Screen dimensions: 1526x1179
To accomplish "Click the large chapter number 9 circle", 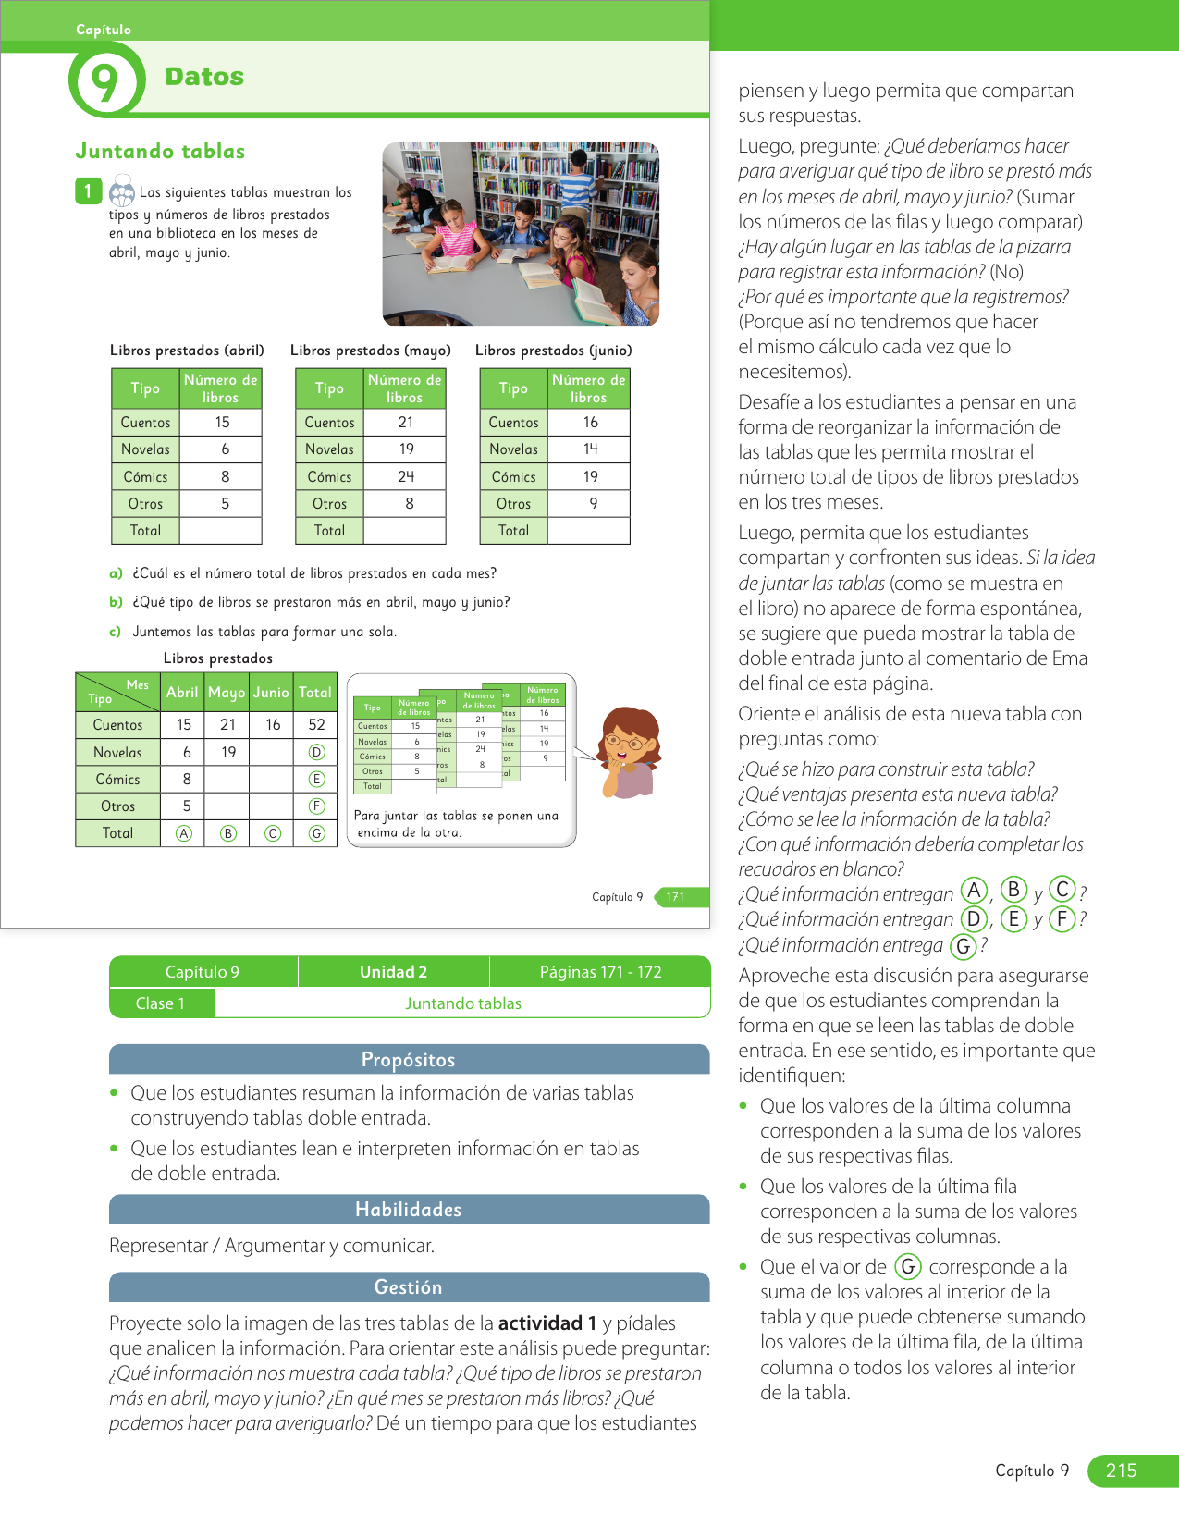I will [x=106, y=80].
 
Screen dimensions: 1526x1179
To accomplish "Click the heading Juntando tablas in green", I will [x=160, y=152].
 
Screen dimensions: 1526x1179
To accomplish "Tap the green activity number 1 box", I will [x=88, y=191].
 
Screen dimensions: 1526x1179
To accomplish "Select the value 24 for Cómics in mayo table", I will [x=406, y=476].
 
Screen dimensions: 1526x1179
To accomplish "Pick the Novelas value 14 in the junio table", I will [x=590, y=449].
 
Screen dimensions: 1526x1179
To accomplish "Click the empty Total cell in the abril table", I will [x=220, y=531].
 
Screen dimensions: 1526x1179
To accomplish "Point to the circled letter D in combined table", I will [x=316, y=752].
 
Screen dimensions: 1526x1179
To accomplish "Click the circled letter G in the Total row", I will [x=316, y=833].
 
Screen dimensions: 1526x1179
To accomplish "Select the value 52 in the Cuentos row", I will [x=316, y=725].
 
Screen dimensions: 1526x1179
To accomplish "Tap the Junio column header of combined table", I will [x=271, y=692].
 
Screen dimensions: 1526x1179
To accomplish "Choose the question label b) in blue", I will [x=116, y=602].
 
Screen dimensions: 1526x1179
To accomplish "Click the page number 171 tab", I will [x=677, y=897].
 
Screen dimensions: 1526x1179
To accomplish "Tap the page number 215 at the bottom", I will [x=1121, y=1471].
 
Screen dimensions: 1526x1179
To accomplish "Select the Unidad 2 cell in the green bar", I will [x=393, y=972].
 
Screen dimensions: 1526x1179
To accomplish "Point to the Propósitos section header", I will [x=409, y=1060].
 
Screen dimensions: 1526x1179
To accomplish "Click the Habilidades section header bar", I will [x=409, y=1210].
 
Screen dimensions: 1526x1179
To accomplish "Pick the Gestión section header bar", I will [x=409, y=1287].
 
